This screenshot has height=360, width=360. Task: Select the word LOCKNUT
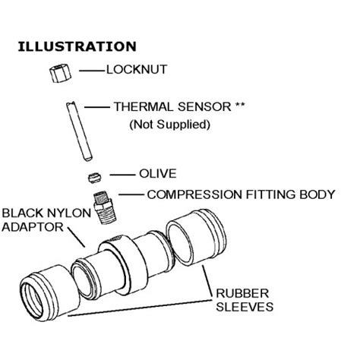[x=137, y=71]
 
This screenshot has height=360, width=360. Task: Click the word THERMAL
[x=142, y=108]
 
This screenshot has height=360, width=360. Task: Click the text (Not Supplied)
[x=169, y=123]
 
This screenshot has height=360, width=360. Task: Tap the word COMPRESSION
[x=193, y=194]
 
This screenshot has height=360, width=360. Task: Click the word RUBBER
[x=239, y=294]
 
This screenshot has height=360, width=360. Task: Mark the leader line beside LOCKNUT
[x=90, y=71]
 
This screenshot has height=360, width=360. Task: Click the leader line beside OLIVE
[x=120, y=174]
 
